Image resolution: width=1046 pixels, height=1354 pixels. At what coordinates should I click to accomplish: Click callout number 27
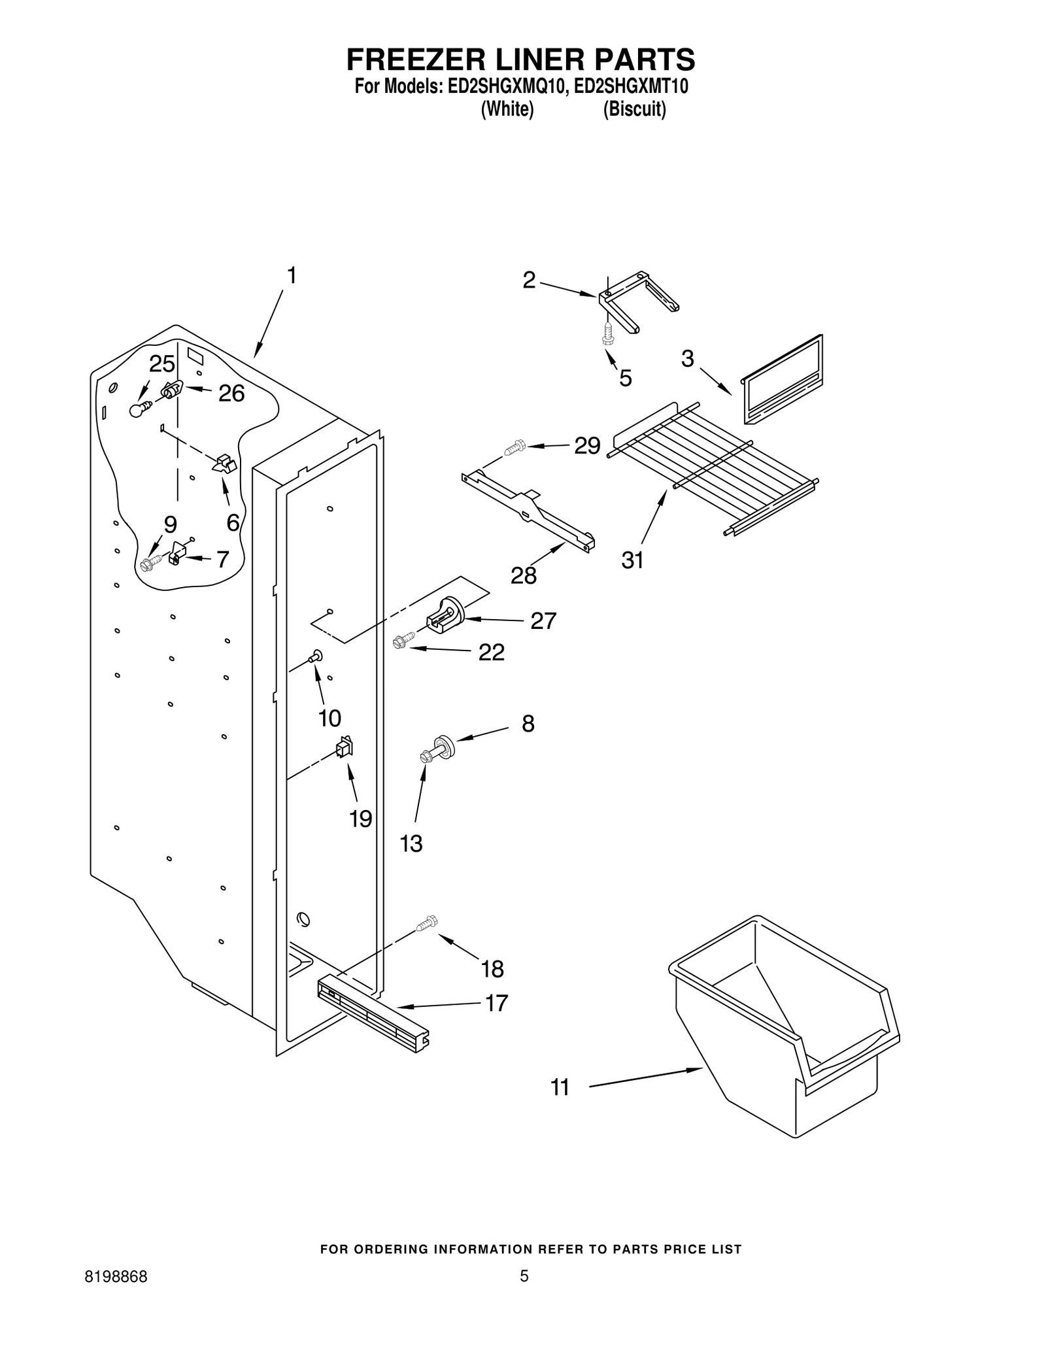pos(543,620)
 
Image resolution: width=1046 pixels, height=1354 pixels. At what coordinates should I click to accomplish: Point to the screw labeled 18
pos(427,923)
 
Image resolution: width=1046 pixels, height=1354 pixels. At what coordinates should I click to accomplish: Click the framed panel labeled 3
pos(783,381)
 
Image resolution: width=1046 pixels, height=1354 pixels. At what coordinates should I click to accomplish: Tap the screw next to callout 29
pos(515,448)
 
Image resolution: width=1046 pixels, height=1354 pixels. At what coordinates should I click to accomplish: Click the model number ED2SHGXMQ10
pos(505,86)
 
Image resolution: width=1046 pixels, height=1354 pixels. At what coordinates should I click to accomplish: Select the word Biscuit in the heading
pos(634,109)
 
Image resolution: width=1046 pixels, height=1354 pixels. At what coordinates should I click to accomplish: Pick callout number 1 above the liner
pos(292,276)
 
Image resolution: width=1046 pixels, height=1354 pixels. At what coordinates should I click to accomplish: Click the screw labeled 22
pos(403,639)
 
